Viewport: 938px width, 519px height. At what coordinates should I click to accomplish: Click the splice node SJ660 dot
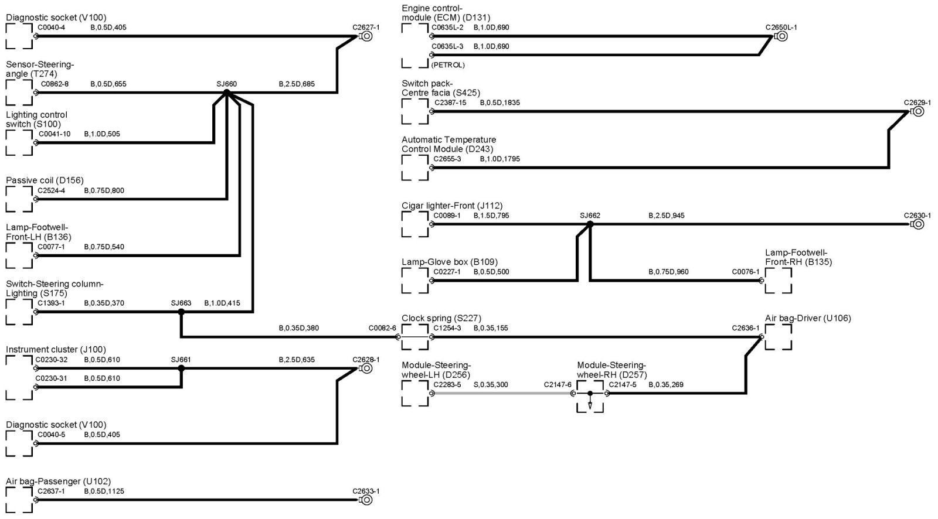227,93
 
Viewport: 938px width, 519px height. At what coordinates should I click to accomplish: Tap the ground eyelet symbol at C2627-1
366,36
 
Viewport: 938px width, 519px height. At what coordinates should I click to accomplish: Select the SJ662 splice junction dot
590,224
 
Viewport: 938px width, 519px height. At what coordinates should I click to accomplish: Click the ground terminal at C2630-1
918,224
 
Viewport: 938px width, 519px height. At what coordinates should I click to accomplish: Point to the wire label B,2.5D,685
297,84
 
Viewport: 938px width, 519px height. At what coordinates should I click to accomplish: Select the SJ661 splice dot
181,368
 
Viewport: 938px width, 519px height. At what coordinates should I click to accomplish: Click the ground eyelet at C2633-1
366,500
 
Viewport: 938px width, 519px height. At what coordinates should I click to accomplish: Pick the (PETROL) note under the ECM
448,65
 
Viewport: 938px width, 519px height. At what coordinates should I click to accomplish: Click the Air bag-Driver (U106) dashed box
778,337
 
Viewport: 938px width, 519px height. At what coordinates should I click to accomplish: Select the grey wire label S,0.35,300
491,385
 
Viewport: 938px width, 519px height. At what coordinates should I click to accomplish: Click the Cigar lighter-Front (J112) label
452,206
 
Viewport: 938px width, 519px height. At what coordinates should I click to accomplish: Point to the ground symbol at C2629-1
918,111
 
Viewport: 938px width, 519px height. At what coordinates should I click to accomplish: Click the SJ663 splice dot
181,312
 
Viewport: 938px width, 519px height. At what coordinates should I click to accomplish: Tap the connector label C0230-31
52,378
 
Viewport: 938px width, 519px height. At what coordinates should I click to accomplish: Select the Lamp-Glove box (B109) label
450,262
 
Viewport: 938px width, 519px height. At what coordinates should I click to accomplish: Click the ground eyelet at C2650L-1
781,36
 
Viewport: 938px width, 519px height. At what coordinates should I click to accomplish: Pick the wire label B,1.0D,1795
499,159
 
